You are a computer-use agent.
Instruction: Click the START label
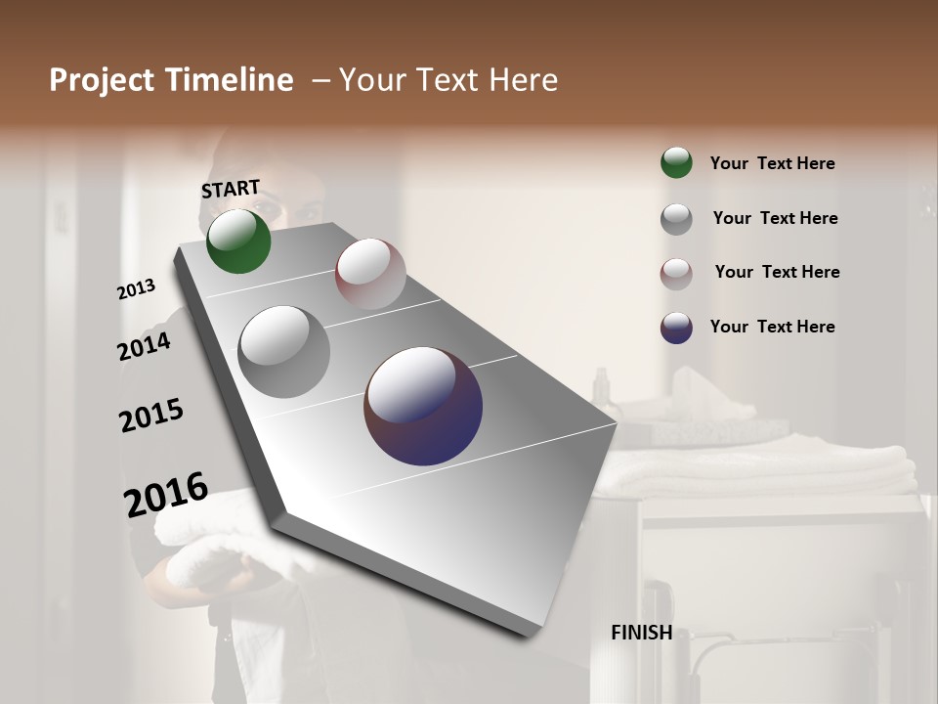(231, 189)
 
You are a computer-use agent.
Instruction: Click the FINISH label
(641, 633)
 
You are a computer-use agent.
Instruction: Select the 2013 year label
(137, 289)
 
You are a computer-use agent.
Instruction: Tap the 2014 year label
(145, 347)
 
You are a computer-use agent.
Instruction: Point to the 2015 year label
(151, 416)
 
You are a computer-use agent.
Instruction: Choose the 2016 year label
(166, 494)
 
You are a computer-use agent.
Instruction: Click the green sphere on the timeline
(238, 242)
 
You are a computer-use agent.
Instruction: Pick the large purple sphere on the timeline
(423, 406)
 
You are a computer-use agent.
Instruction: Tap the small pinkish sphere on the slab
(370, 274)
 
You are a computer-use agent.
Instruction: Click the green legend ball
(676, 162)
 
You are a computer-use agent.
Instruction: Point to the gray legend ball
(676, 219)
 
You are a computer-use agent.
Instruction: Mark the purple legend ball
(676, 328)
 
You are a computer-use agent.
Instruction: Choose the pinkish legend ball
(676, 274)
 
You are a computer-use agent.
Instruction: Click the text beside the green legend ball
(772, 163)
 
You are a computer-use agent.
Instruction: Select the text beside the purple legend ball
(772, 327)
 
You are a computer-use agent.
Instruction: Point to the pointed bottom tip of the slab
(533, 634)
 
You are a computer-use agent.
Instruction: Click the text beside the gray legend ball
(775, 218)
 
